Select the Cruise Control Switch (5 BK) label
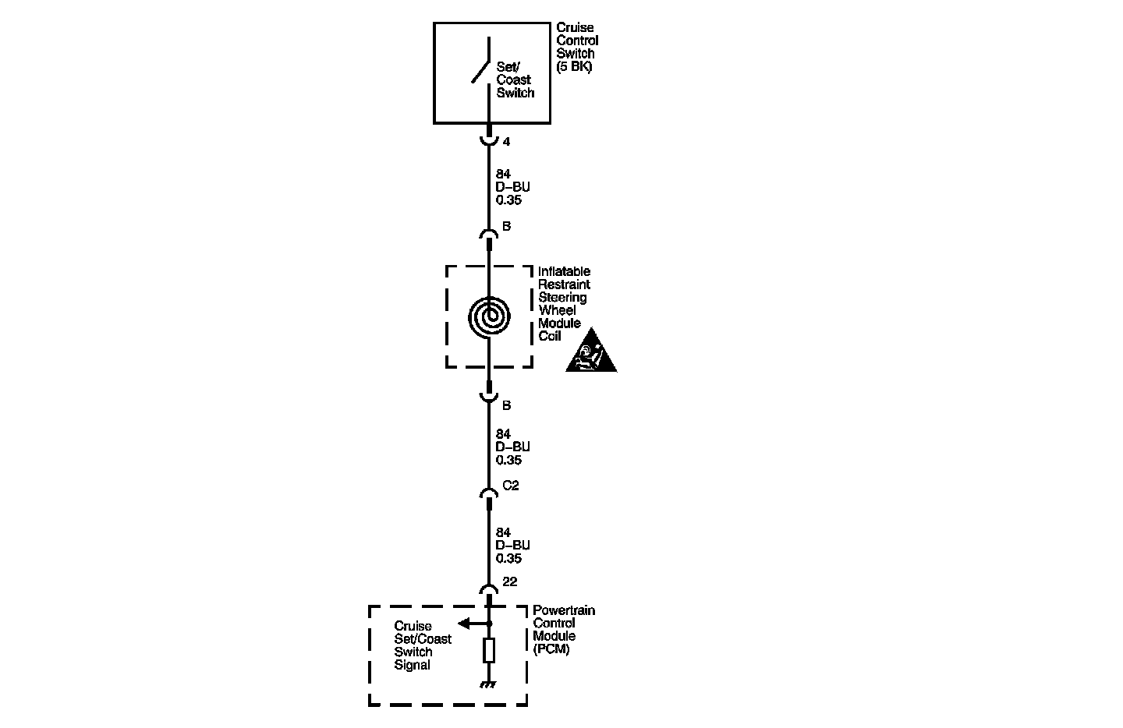(x=577, y=48)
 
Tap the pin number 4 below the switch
(x=506, y=142)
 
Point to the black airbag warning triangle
(x=590, y=353)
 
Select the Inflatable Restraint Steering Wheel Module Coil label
(x=564, y=304)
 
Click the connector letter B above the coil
(x=506, y=227)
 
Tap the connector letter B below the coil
(x=506, y=405)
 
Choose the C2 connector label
(x=510, y=486)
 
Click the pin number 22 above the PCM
(x=510, y=581)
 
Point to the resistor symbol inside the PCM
(x=489, y=650)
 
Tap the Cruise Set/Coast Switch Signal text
(x=422, y=645)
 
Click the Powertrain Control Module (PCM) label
(x=563, y=629)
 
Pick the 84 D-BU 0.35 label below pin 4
(x=512, y=187)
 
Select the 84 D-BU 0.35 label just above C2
(x=512, y=447)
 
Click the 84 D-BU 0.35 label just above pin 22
(x=512, y=546)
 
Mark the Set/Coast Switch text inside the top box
(x=515, y=80)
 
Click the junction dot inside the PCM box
(x=489, y=624)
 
